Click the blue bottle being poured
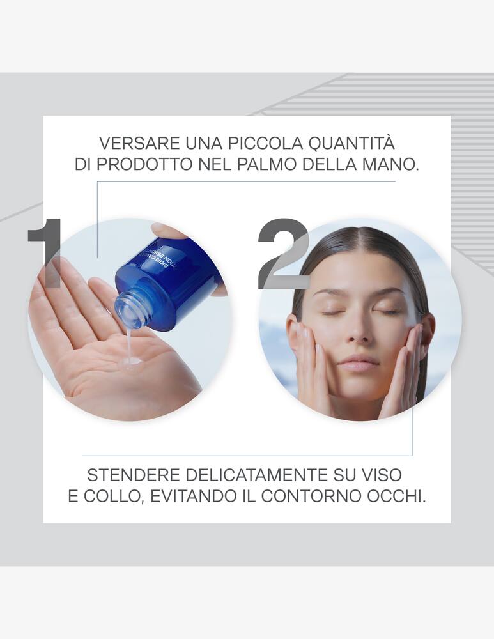(x=169, y=281)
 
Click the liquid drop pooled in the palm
(x=132, y=362)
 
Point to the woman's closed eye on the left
(x=331, y=312)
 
